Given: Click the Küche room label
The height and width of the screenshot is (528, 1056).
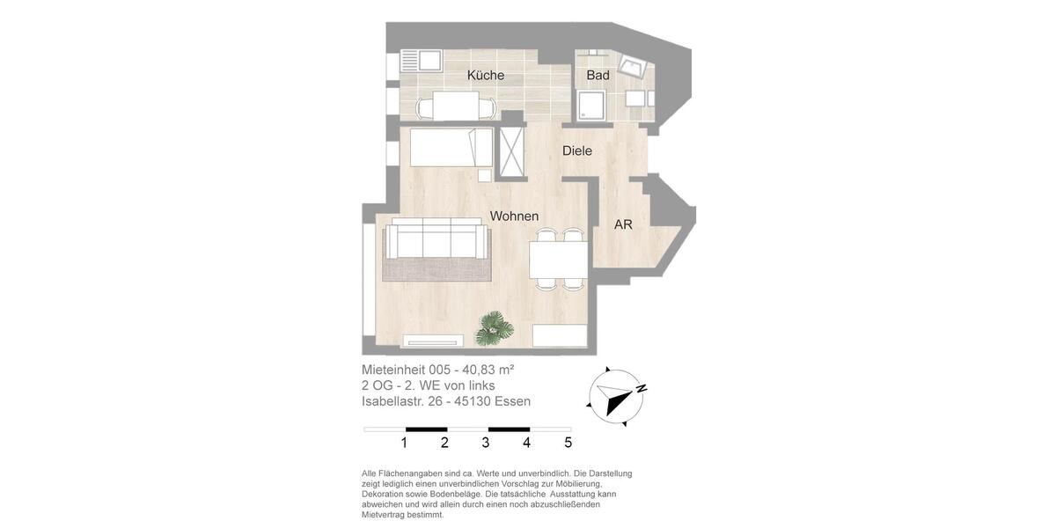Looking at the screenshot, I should point(486,76).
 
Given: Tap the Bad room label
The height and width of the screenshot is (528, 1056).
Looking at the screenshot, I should point(598,76).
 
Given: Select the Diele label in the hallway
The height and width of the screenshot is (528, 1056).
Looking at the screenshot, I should point(577,151).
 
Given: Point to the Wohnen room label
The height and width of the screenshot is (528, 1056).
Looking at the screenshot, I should point(514,216).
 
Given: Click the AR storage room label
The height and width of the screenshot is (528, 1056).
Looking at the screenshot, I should point(623,225).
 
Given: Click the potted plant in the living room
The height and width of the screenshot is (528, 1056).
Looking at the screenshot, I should point(495,329).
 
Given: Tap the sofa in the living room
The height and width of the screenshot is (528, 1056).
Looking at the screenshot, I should point(436,238).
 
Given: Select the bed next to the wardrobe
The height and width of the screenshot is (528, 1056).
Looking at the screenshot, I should point(451,148).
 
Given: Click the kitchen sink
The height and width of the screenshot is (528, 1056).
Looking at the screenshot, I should point(430,61).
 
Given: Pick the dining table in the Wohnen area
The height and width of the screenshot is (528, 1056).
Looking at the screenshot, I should point(558,260).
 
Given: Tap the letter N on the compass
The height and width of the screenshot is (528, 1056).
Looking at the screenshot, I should point(642,388).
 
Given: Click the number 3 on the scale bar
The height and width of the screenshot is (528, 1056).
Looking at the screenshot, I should point(486,443).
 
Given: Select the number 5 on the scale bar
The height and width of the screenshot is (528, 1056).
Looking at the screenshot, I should point(568,443).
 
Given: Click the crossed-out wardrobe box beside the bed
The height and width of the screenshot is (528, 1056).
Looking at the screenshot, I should point(511,152).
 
